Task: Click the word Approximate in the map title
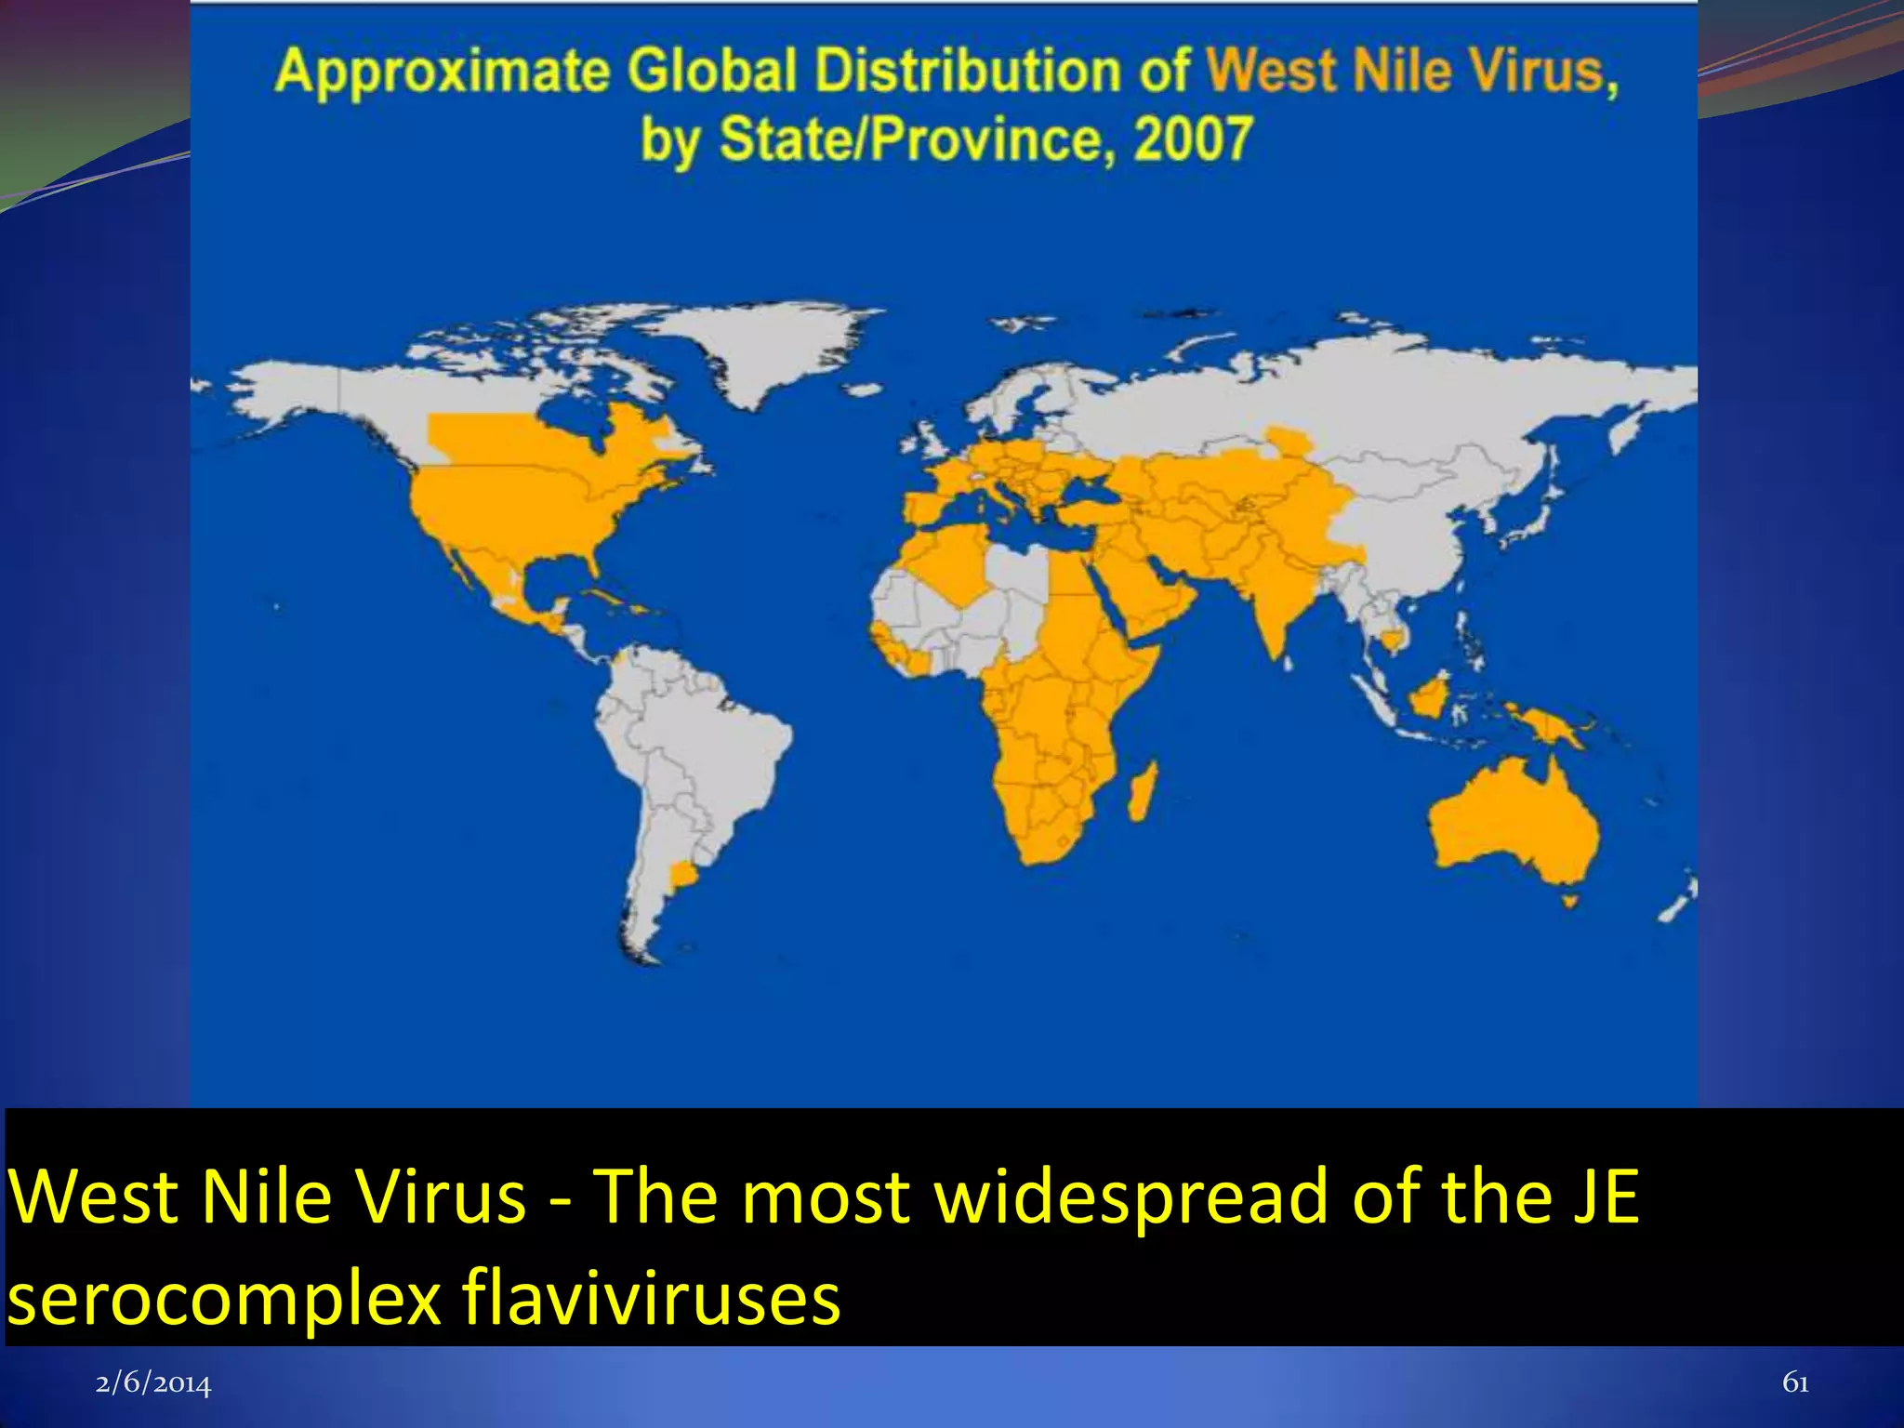443,73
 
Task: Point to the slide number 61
1795,1383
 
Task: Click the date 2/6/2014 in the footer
153,1384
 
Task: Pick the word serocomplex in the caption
224,1299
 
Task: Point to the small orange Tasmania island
1570,900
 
